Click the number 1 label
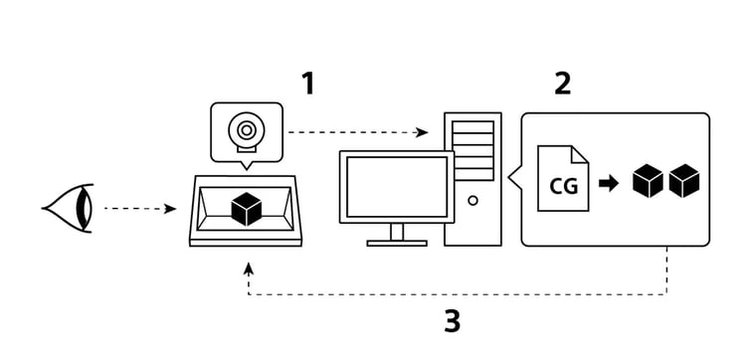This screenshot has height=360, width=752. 307,84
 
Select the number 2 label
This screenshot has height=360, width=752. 563,84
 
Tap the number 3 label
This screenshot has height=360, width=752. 452,321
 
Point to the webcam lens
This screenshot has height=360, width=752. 245,129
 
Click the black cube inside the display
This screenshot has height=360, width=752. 246,209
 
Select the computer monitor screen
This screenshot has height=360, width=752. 396,187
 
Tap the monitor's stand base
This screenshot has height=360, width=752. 397,242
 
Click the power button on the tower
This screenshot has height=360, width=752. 472,200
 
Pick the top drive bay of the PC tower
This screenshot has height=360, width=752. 472,127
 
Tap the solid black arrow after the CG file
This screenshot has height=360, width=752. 609,182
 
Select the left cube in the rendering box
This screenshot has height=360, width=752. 649,181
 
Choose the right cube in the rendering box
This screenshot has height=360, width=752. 684,181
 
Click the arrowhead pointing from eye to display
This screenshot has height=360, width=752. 171,209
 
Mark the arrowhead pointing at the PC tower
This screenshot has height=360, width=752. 423,131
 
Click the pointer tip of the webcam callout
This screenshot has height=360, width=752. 245,170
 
